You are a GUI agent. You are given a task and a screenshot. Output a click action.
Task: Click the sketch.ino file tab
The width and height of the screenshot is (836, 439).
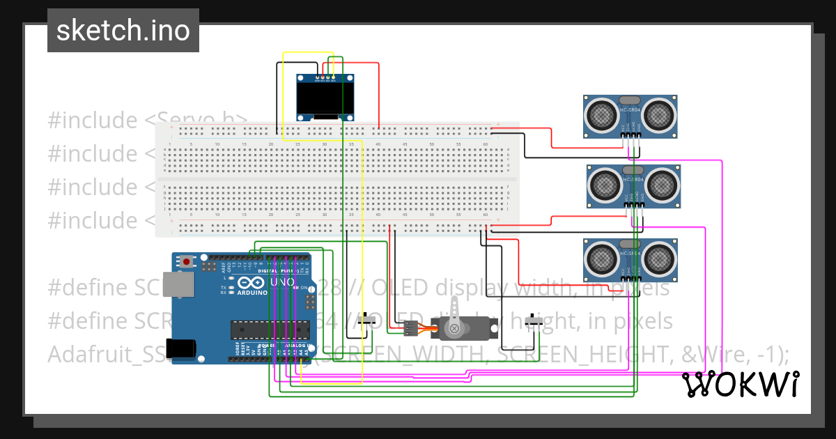(123, 31)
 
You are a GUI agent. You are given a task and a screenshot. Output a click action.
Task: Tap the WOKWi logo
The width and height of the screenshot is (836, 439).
(740, 385)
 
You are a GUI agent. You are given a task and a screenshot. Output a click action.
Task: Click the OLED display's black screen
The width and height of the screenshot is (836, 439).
(325, 98)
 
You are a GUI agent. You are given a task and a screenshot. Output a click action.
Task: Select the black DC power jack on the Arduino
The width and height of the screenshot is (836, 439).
(183, 347)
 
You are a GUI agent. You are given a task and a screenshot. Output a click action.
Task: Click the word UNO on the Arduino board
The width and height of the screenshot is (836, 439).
(283, 282)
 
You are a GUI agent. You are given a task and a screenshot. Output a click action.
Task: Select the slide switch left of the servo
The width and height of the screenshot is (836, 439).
(369, 320)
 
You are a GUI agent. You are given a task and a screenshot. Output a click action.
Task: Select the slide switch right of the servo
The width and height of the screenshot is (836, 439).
(535, 321)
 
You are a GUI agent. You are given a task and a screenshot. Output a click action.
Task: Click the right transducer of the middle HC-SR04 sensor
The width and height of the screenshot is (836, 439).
(660, 185)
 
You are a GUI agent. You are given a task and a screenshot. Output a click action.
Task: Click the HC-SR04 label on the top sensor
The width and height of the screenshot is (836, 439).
(630, 110)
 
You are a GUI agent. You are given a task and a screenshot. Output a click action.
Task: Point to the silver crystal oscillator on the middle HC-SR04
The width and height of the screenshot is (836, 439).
(633, 170)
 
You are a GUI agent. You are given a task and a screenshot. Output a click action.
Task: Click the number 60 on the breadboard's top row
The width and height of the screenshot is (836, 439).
(485, 144)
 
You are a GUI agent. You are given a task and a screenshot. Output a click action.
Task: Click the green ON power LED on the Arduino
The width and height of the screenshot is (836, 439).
(296, 287)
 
